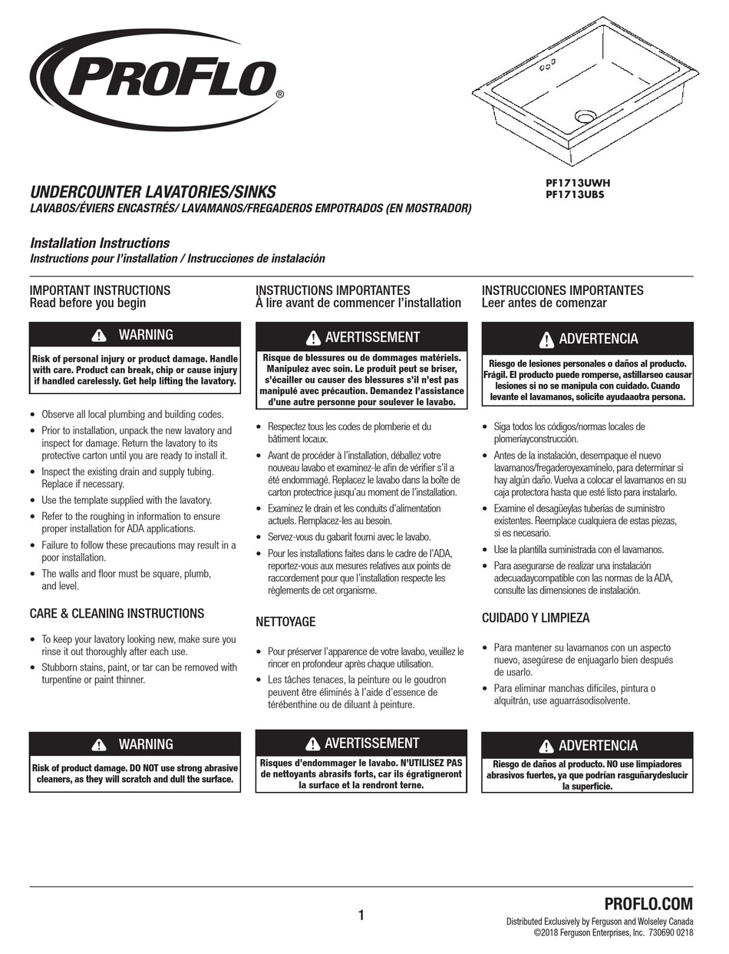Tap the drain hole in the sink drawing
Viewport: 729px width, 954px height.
tap(586, 116)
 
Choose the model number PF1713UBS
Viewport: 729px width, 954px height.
tap(576, 195)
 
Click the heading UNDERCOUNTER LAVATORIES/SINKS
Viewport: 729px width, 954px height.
tap(152, 191)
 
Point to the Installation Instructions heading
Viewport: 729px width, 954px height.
tap(99, 243)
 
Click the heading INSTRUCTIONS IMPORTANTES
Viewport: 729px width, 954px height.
tap(332, 290)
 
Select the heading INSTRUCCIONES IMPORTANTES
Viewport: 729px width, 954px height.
tap(562, 290)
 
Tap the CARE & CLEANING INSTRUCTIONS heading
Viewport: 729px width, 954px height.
tap(117, 613)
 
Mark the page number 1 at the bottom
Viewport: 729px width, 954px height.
tap(361, 915)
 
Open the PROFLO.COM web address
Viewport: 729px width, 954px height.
tap(648, 903)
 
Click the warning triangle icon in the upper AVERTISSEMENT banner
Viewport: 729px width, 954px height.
tap(313, 338)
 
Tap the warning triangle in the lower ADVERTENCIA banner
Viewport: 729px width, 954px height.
tap(546, 746)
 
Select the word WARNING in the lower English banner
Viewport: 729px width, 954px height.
tap(146, 744)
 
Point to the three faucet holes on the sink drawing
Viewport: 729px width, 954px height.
tap(546, 68)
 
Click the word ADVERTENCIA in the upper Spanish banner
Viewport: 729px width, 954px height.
tap(599, 339)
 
